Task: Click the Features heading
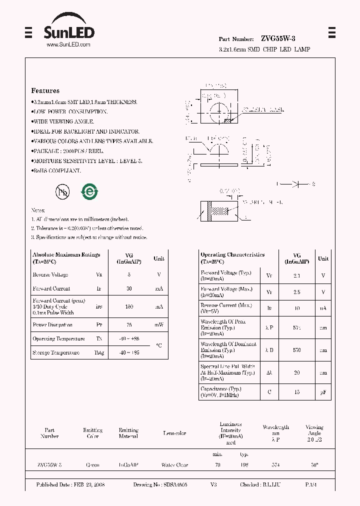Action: point(45,91)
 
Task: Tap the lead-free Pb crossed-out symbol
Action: point(62,191)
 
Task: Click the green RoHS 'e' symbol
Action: point(90,191)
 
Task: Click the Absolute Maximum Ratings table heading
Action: point(66,255)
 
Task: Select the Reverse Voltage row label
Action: point(50,275)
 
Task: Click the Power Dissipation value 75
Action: point(129,325)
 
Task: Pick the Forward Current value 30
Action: point(129,289)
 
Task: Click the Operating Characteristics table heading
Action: point(232,255)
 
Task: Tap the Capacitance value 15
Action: point(297,392)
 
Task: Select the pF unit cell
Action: point(323,392)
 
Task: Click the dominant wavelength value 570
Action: point(297,350)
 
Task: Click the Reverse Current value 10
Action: point(297,308)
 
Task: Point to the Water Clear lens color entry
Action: point(174,465)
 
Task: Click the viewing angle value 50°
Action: point(314,465)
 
